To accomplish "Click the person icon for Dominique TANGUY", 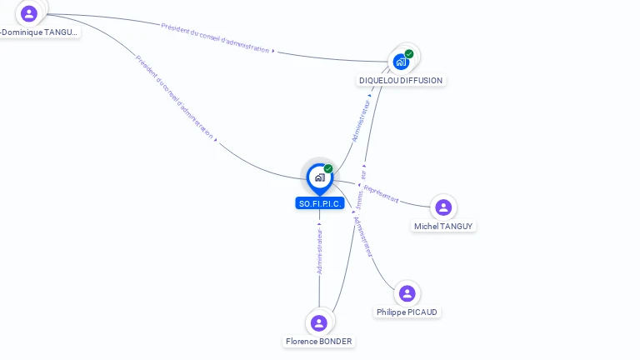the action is pyautogui.click(x=29, y=13).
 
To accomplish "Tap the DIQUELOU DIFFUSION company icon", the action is pyautogui.click(x=401, y=62).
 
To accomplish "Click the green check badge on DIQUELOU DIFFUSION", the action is pyautogui.click(x=409, y=54).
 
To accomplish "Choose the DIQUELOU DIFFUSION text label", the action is pyautogui.click(x=401, y=81).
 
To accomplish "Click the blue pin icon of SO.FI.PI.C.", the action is pyautogui.click(x=319, y=177).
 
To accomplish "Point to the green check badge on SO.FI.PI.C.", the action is pyautogui.click(x=328, y=169).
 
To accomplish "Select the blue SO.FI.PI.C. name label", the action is pyautogui.click(x=320, y=203).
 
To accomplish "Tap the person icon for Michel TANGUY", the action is pyautogui.click(x=443, y=207).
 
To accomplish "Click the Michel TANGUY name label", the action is pyautogui.click(x=444, y=226).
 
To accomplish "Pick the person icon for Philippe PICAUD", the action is pyautogui.click(x=407, y=293).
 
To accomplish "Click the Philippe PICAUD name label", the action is pyautogui.click(x=407, y=312).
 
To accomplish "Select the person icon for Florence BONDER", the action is pyautogui.click(x=318, y=323).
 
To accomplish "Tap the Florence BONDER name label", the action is pyautogui.click(x=318, y=342).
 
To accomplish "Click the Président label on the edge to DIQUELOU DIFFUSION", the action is pyautogui.click(x=216, y=37).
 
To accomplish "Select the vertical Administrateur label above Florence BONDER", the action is pyautogui.click(x=319, y=248).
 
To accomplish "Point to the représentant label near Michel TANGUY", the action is pyautogui.click(x=381, y=195).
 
